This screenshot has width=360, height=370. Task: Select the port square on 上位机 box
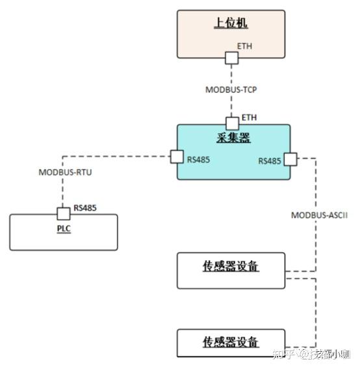coord(232,58)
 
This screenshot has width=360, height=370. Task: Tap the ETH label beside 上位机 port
coord(246,47)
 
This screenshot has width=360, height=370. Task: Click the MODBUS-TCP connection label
coord(231,90)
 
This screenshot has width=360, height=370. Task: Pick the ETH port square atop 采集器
coord(232,123)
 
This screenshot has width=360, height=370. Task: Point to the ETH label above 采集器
coord(250,117)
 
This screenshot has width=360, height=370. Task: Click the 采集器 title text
coord(233,138)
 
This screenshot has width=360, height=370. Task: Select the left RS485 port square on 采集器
coord(176,157)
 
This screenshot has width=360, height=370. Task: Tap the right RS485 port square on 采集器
coord(290,158)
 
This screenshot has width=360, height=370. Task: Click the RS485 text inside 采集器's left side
coord(198,159)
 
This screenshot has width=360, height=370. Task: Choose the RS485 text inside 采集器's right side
coord(270,161)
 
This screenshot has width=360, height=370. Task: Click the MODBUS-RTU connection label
coord(64,172)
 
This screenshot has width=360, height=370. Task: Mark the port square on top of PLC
coord(63,213)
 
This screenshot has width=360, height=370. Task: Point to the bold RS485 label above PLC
coord(85,208)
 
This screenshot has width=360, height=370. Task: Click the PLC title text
coord(63,229)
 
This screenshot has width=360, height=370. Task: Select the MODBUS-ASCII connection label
coord(319,215)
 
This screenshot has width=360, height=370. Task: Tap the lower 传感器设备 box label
coord(231,341)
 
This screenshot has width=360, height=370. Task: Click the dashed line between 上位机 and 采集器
coord(232,104)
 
